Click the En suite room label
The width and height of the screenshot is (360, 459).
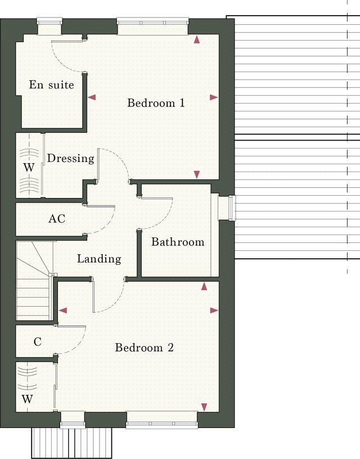(51, 85)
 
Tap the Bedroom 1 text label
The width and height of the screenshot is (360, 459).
(156, 103)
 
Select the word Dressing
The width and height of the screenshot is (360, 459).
(70, 159)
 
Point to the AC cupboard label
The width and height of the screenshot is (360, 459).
(57, 219)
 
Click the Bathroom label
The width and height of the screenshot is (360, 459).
(177, 242)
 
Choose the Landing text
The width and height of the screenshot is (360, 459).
(99, 259)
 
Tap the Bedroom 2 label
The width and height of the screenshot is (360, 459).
(144, 348)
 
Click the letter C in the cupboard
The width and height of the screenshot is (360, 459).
(38, 341)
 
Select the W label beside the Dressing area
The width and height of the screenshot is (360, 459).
(28, 168)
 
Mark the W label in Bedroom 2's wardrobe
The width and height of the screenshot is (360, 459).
(27, 399)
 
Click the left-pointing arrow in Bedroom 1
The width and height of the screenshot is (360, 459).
(92, 98)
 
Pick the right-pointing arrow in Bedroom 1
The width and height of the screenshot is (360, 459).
(214, 97)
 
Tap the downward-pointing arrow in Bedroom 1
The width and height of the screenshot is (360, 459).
(197, 174)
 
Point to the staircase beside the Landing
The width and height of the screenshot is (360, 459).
(34, 281)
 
